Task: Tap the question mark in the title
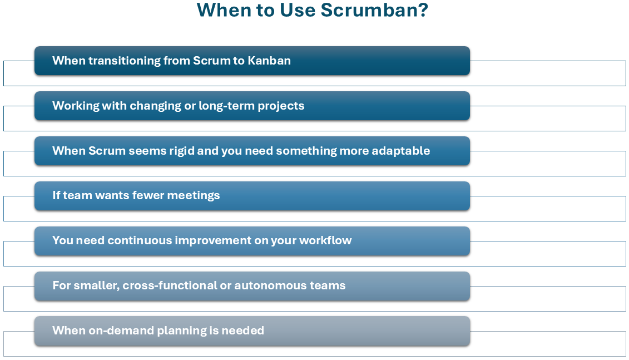(423, 10)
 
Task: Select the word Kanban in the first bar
(269, 61)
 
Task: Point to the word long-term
(227, 106)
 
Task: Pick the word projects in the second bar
(281, 106)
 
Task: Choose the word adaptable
(401, 151)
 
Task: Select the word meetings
(194, 196)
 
